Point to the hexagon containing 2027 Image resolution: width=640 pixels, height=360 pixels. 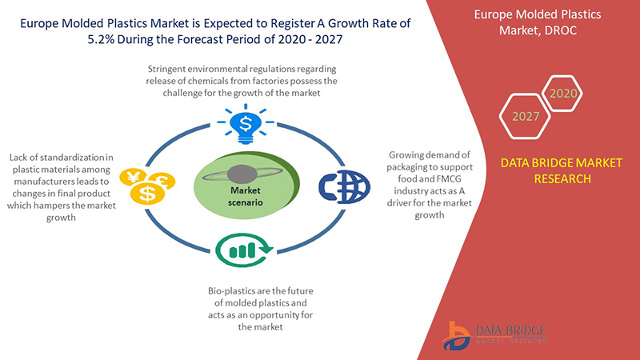pyautogui.click(x=525, y=116)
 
